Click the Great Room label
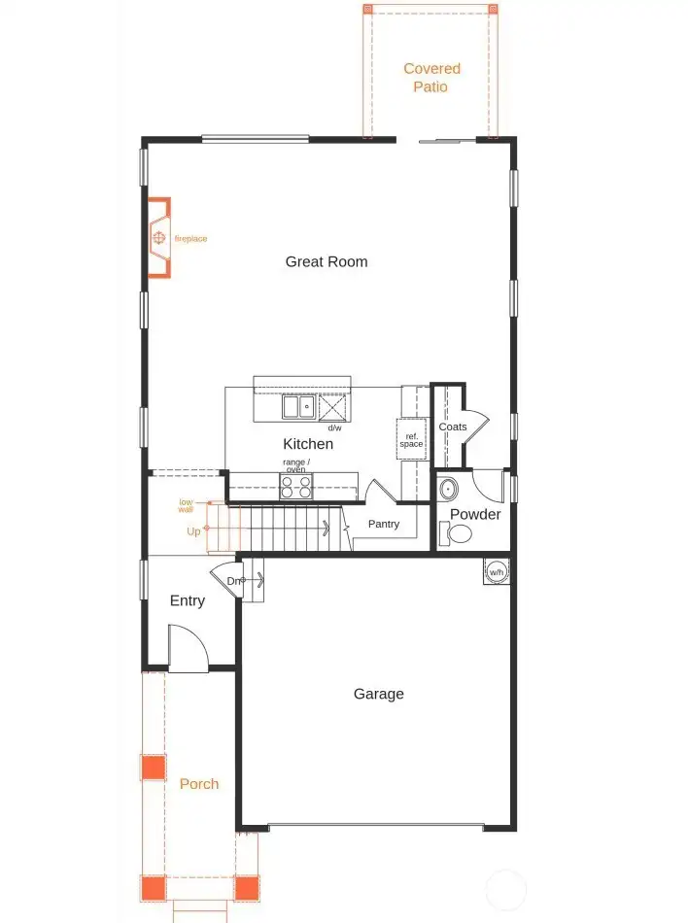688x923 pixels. [x=327, y=261]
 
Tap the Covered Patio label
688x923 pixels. [x=431, y=78]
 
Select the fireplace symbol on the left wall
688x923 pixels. [x=159, y=238]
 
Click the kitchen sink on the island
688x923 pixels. [x=298, y=406]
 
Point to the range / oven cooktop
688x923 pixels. [x=295, y=486]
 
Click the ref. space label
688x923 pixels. [x=412, y=440]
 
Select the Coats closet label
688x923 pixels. [x=453, y=427]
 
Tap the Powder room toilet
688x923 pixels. [x=456, y=532]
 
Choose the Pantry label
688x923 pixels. [x=384, y=525]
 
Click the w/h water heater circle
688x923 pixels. [x=497, y=571]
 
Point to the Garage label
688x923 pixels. [x=378, y=694]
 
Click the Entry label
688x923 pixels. [x=188, y=600]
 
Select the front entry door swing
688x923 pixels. [x=188, y=648]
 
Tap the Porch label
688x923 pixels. [x=199, y=784]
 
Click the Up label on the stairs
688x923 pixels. [x=193, y=531]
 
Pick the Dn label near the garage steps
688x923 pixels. [x=233, y=581]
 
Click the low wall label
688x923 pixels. [x=186, y=505]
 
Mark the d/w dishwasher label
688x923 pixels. [x=334, y=427]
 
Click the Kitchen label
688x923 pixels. [x=308, y=444]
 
